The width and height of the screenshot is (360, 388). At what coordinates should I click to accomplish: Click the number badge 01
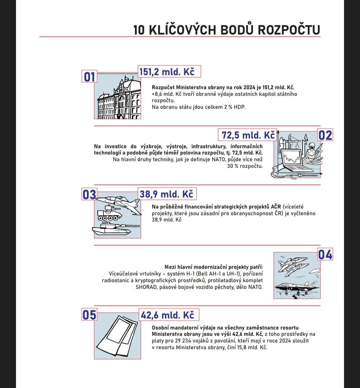[x=89, y=77]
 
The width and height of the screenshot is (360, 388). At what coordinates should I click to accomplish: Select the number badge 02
[x=325, y=135]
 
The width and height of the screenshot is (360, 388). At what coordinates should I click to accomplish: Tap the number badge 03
[x=89, y=195]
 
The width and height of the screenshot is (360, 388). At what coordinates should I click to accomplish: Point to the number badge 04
[x=325, y=255]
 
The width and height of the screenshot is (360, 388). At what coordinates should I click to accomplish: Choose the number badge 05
[x=89, y=315]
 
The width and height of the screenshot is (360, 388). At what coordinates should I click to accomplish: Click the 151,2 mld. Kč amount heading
[x=169, y=72]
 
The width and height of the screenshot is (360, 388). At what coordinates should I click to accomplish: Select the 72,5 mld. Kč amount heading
[x=248, y=135]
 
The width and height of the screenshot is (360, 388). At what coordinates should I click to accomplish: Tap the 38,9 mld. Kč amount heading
[x=166, y=194]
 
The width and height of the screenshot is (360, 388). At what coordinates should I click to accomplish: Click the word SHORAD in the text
[x=146, y=287]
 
